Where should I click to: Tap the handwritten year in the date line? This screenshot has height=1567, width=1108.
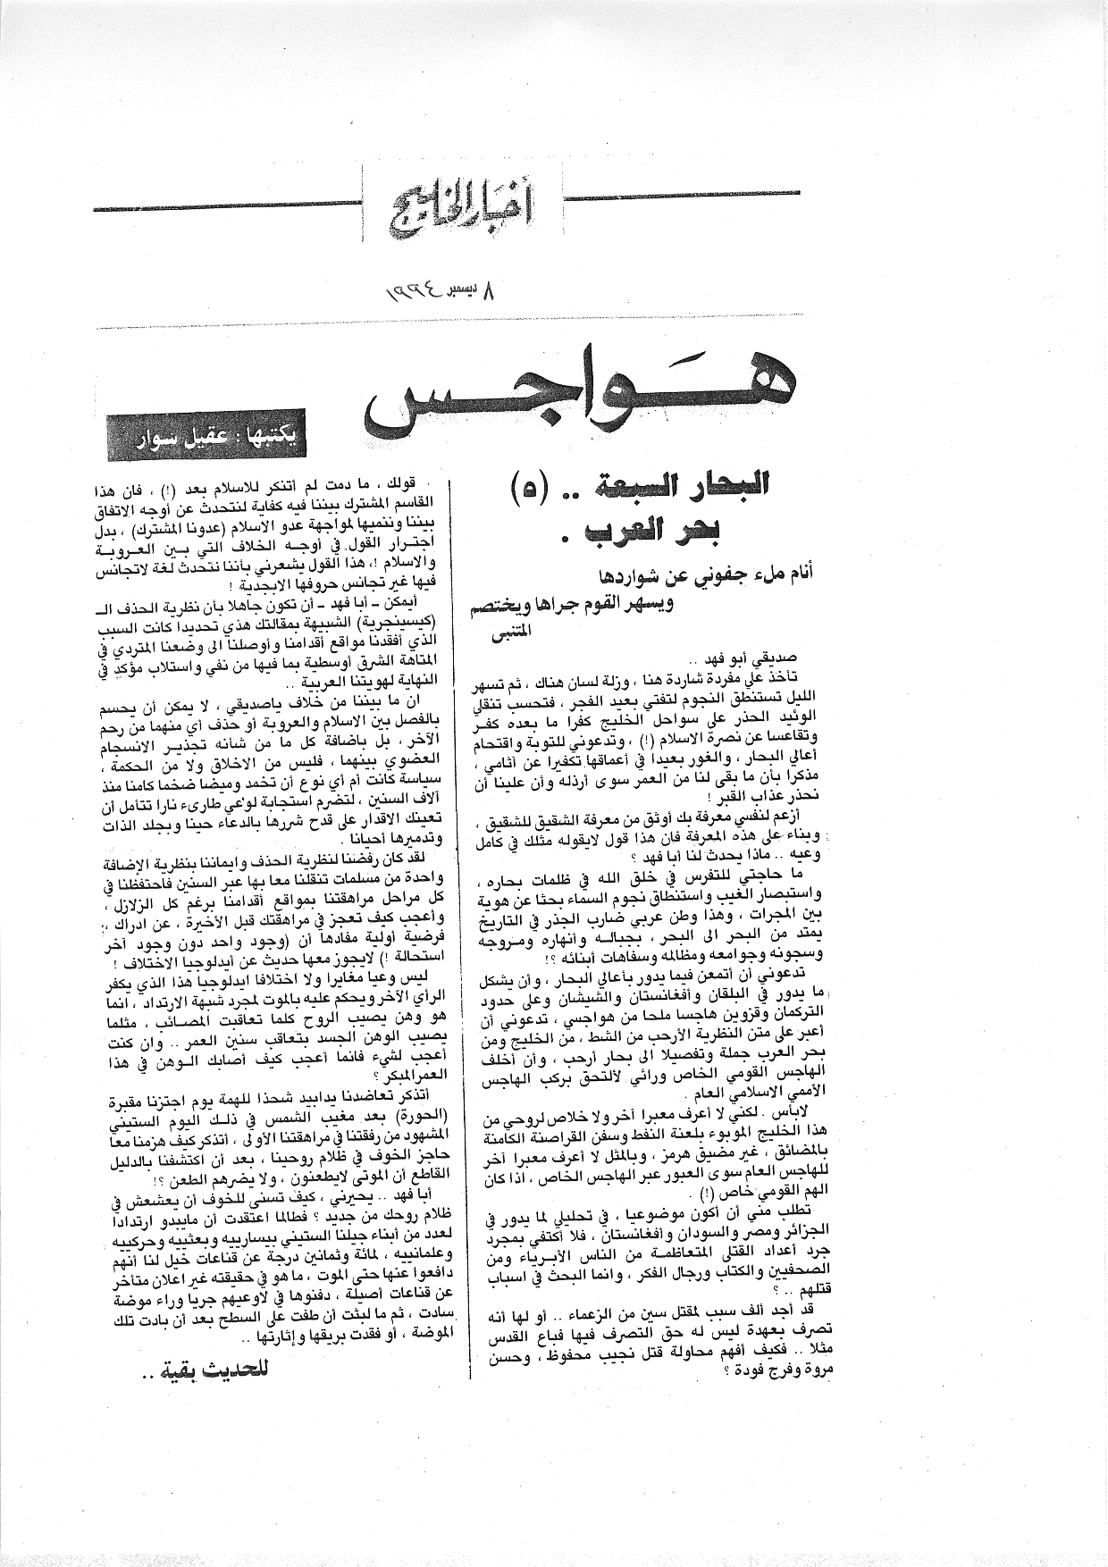coord(415,289)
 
